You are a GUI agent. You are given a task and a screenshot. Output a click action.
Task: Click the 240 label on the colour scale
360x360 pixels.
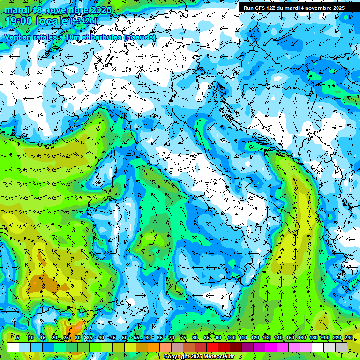pos(348,338)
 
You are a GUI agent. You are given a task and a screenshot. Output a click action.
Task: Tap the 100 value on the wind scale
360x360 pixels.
pos(232,338)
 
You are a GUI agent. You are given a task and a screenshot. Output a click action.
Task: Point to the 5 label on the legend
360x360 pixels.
pos(18,338)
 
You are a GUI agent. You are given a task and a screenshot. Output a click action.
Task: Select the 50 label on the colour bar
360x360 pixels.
pos(125,338)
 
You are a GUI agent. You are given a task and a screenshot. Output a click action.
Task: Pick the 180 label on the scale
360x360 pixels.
pos(313,338)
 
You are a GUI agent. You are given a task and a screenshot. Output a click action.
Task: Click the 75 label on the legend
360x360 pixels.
pos(183,338)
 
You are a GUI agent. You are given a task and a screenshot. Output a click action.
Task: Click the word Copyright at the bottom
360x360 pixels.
pos(178,357)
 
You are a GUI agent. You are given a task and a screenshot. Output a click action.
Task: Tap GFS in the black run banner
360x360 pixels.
pos(259,8)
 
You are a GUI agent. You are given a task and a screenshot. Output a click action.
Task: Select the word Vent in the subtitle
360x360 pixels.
pos(14,37)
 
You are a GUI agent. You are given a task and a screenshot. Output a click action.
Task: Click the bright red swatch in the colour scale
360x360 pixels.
pos(212,347)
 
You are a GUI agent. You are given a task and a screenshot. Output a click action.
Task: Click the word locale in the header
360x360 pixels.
pos(54,21)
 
